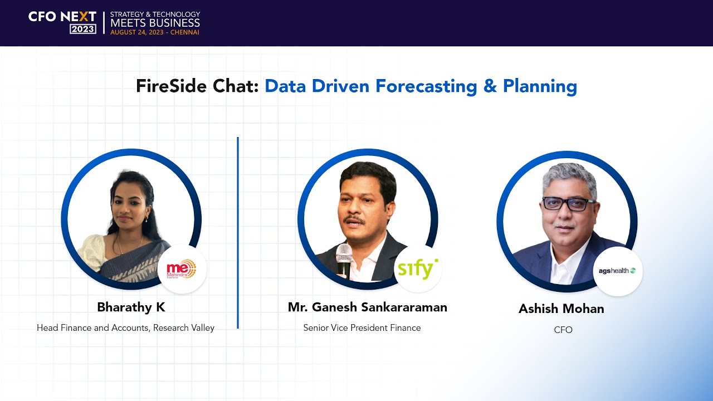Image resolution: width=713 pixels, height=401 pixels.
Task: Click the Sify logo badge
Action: (418, 269)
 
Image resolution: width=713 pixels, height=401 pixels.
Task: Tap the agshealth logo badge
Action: (617, 271)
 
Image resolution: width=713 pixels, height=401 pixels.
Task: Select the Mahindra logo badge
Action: (182, 270)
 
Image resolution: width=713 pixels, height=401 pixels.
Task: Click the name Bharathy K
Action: (131, 307)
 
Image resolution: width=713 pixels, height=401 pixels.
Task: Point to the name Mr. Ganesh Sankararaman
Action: (367, 307)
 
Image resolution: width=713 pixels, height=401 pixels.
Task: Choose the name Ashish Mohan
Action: (561, 309)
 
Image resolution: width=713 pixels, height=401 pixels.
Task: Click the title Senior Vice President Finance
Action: (362, 328)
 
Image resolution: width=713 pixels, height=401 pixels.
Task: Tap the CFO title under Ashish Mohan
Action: (563, 330)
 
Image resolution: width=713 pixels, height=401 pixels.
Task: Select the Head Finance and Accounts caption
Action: (125, 328)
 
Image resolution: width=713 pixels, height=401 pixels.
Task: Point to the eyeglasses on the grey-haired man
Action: (569, 204)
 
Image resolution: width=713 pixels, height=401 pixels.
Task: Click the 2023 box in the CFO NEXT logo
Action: (82, 29)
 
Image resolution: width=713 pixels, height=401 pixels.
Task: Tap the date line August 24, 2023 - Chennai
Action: (154, 32)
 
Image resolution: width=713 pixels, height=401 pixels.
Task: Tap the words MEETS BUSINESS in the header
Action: (155, 23)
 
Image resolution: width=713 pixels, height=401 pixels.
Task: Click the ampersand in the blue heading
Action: (490, 86)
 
